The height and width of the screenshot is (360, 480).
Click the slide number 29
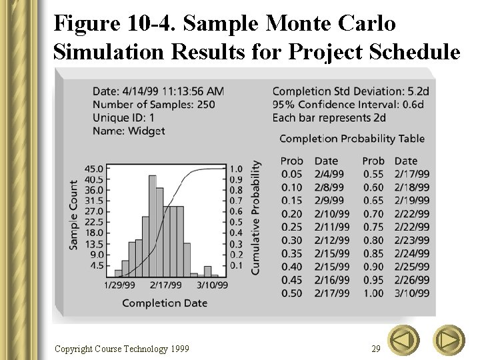tap(376, 348)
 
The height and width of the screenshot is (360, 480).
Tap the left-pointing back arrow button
tap(403, 341)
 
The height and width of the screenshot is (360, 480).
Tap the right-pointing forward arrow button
tap(449, 341)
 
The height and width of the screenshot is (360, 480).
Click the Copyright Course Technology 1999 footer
tap(121, 349)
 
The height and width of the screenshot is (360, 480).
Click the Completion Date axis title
tap(165, 303)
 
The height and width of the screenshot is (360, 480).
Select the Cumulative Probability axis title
tap(255, 217)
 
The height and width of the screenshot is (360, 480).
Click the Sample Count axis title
tap(73, 215)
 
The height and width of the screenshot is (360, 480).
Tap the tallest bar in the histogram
tap(153, 225)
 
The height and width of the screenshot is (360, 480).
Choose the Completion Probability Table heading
tap(351, 139)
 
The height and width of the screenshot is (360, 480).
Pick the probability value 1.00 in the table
tap(373, 293)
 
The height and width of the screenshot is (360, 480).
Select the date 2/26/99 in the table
tap(411, 280)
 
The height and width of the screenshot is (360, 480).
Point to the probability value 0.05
tap(291, 174)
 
